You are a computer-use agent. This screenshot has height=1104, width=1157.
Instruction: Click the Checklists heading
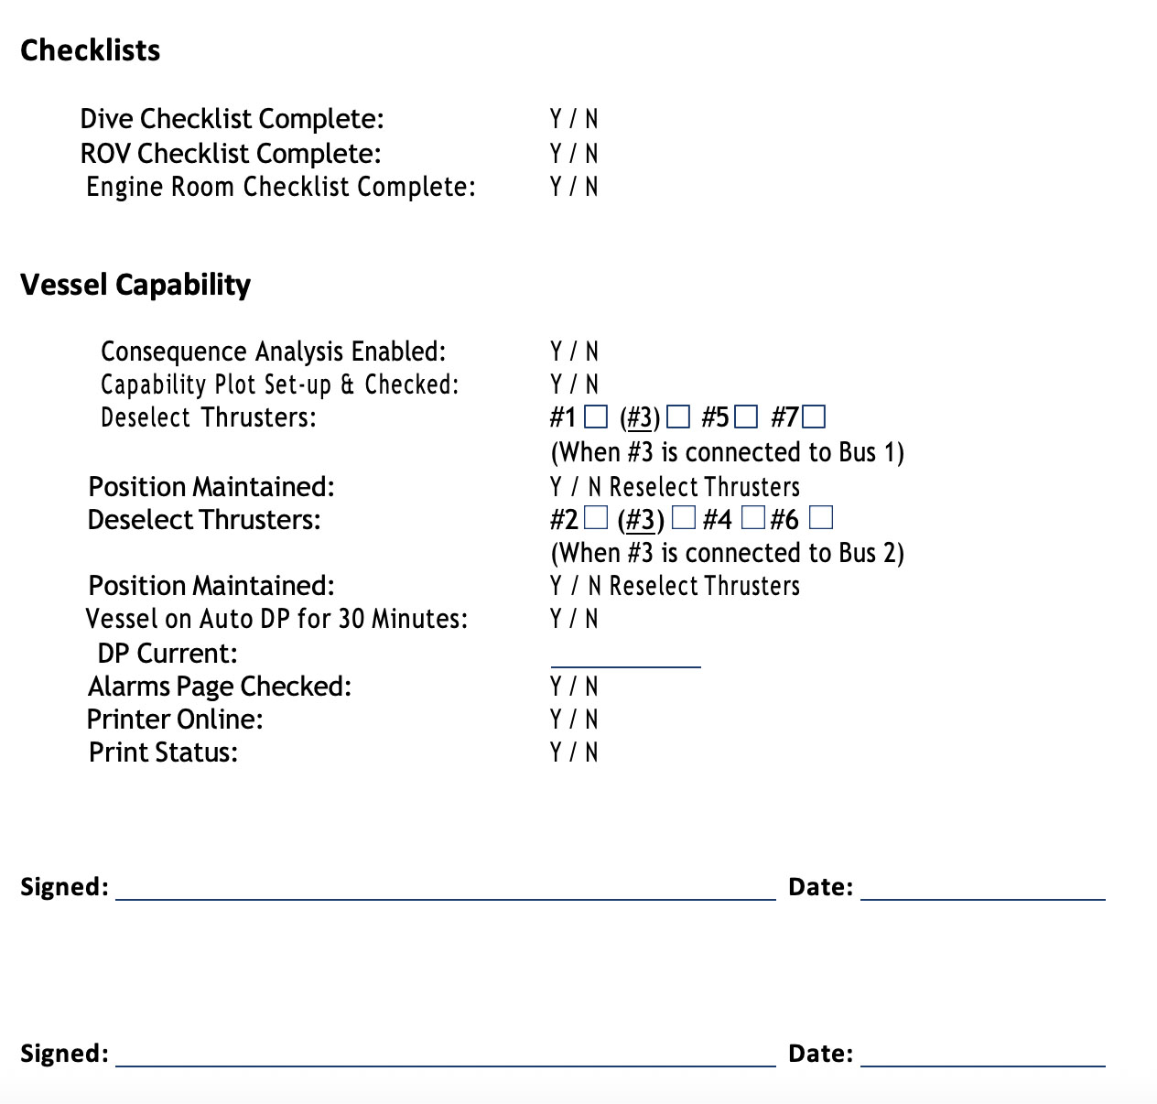click(x=90, y=49)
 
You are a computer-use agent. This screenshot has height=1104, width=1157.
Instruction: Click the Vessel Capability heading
click(x=135, y=284)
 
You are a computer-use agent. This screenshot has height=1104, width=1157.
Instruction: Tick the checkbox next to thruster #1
click(x=595, y=417)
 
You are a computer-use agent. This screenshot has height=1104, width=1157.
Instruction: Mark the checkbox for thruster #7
click(x=814, y=417)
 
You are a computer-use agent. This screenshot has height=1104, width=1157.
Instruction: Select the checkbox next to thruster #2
click(x=596, y=518)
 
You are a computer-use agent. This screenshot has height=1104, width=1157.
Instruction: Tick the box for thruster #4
click(x=752, y=518)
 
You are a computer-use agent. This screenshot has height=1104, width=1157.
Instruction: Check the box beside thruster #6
click(x=822, y=518)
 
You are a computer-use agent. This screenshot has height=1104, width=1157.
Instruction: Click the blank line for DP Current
click(x=625, y=657)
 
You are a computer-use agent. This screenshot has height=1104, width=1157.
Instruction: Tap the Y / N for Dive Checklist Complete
click(x=574, y=119)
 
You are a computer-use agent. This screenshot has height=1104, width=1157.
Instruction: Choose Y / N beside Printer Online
click(x=574, y=720)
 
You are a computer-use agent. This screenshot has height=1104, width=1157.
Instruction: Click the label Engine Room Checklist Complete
click(x=280, y=187)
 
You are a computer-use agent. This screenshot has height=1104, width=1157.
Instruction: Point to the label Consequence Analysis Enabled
click(x=273, y=352)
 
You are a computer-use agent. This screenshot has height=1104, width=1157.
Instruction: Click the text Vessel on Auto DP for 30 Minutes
click(x=276, y=619)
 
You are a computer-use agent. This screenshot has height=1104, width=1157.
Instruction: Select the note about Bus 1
click(x=727, y=452)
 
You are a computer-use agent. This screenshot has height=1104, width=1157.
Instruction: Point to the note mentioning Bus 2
click(x=727, y=553)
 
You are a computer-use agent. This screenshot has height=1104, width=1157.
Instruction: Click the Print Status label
click(x=163, y=752)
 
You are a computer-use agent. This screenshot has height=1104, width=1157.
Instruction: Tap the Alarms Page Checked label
click(x=220, y=687)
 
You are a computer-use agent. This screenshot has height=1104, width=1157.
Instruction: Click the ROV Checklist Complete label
click(x=231, y=153)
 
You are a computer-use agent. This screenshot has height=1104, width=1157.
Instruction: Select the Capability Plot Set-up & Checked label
click(x=279, y=384)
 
